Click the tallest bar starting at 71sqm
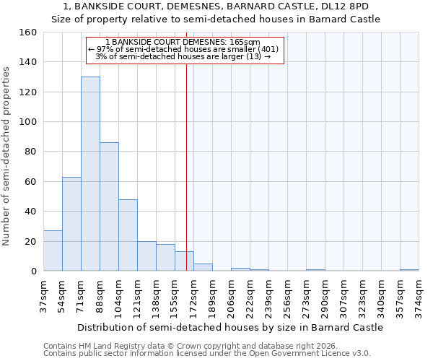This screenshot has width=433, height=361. pos(90,173)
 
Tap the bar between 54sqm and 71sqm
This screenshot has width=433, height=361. pos(71,224)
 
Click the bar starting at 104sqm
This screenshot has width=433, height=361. pos(128,235)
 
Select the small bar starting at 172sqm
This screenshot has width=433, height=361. pos(203,267)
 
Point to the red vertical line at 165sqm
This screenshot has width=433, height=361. pos(186,159)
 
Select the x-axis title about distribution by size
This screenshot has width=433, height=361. pos(229,327)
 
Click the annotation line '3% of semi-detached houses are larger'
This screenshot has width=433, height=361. pos(184,56)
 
